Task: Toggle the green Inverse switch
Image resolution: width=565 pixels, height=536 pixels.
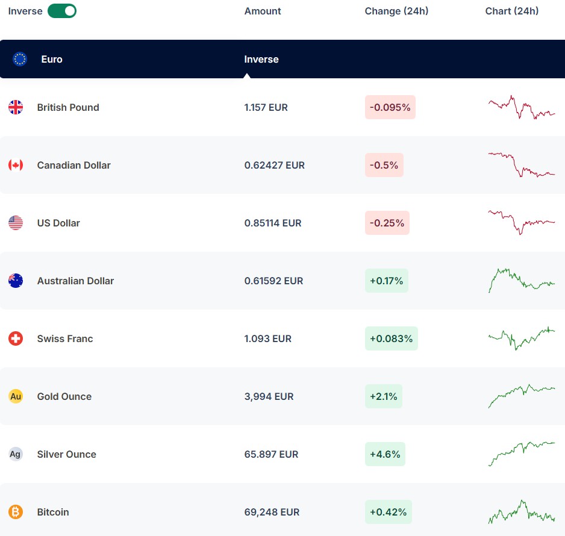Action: [62, 11]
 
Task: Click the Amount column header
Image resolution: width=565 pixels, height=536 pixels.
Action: [263, 11]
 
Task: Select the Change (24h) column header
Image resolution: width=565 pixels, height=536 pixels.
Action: [396, 11]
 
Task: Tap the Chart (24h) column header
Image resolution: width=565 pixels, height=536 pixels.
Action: [511, 11]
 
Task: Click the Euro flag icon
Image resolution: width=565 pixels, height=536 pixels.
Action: [20, 59]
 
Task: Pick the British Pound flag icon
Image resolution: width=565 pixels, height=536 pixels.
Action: [16, 107]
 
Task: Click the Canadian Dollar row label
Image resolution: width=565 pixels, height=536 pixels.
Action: [74, 166]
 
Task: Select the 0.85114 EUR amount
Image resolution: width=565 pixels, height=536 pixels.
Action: [273, 223]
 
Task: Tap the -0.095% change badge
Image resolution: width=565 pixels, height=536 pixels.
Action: [390, 107]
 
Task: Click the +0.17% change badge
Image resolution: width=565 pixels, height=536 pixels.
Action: [387, 281]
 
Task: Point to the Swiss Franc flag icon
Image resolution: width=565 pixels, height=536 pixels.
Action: [16, 338]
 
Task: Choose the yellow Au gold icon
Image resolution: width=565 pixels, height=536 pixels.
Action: [16, 396]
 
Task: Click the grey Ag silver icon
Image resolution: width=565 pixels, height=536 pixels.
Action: [16, 454]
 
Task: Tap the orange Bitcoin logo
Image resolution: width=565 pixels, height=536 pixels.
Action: [16, 512]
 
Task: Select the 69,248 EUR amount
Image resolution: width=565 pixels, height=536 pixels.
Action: [272, 513]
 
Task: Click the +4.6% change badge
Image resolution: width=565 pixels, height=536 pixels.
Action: [385, 454]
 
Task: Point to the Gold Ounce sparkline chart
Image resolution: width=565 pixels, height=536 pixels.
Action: [522, 396]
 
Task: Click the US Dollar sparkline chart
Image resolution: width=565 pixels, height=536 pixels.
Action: [522, 222]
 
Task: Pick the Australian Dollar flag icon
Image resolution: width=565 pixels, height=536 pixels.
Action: [16, 281]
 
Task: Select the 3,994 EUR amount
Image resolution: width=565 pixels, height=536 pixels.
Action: [269, 397]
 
